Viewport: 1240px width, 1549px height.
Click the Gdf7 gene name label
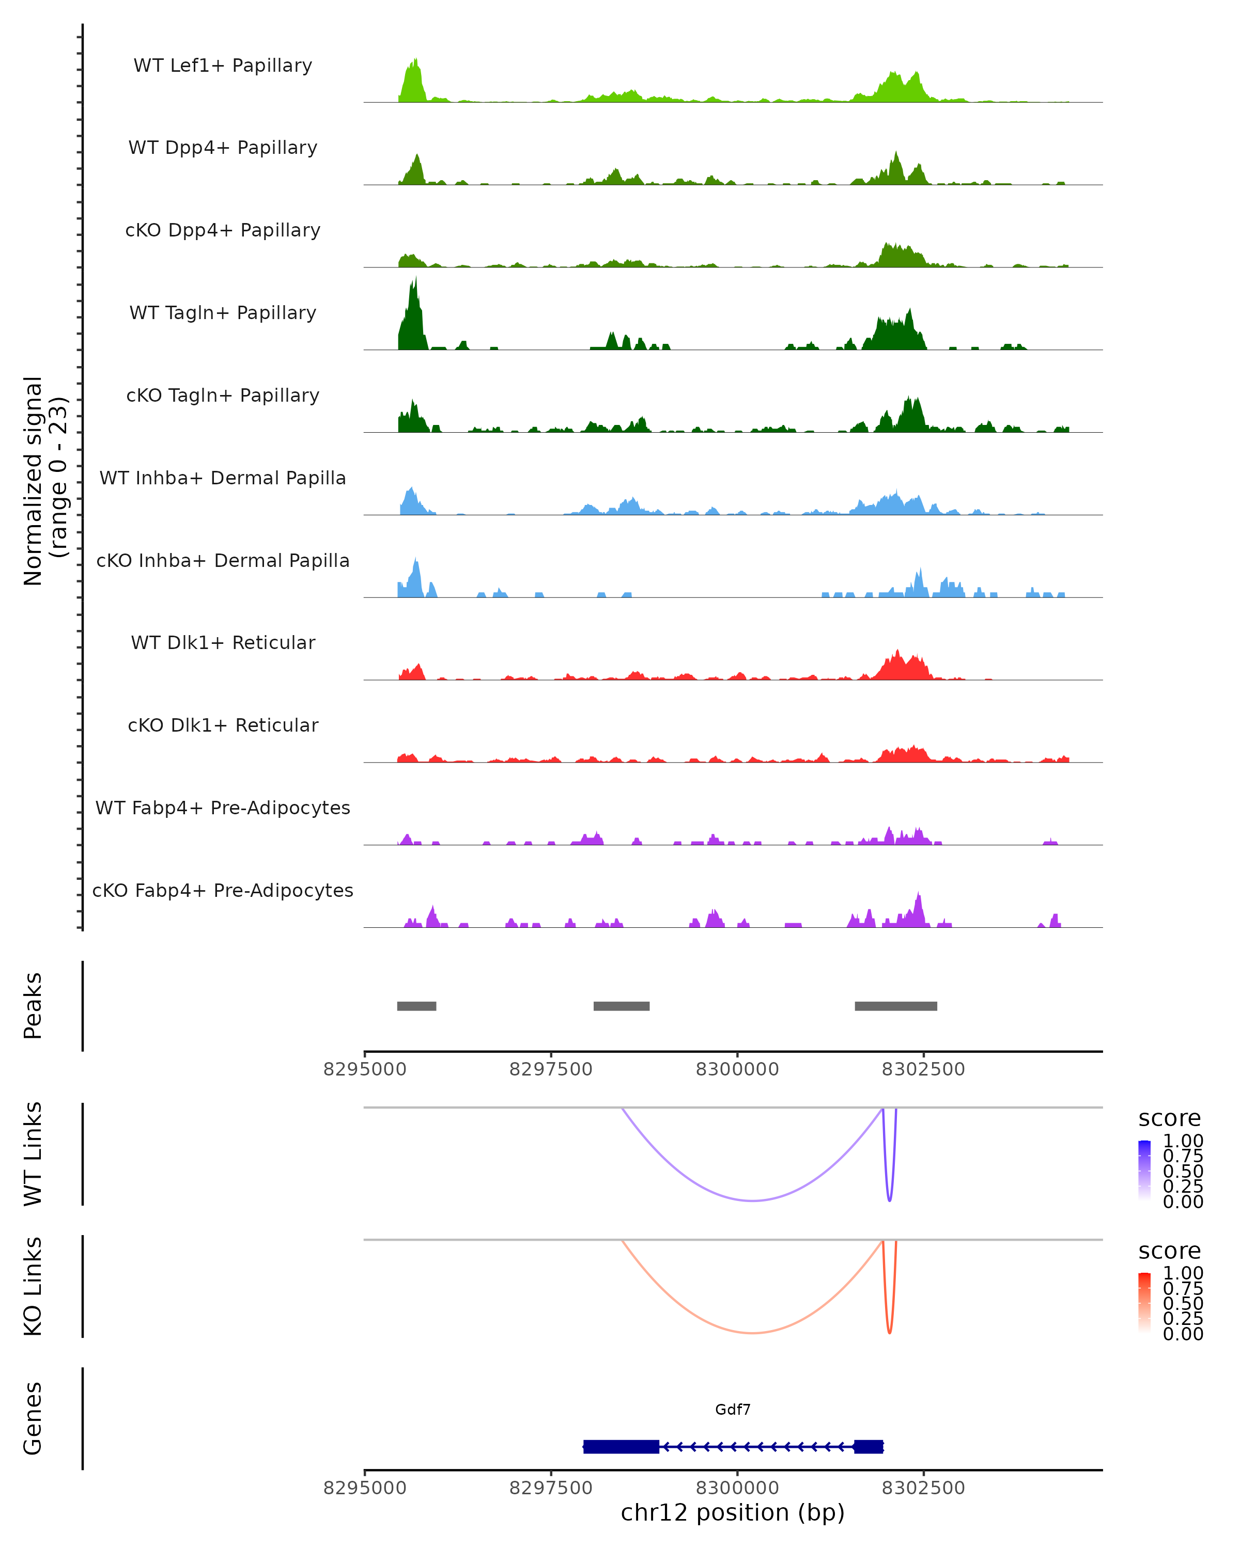point(733,1410)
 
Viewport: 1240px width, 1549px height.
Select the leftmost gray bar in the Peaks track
point(416,1006)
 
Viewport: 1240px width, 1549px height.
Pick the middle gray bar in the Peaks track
point(621,1006)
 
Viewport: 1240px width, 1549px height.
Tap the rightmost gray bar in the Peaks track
point(896,1006)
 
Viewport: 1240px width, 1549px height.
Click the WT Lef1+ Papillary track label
point(223,66)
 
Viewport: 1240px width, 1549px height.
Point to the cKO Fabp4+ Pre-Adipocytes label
point(223,890)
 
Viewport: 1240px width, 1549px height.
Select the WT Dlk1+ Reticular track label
point(223,642)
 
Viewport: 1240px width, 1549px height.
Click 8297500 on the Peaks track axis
point(551,1069)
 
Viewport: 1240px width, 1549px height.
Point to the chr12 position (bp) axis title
point(733,1512)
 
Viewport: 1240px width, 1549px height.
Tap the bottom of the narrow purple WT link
point(890,1200)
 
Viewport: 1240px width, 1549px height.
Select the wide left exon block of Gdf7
point(621,1446)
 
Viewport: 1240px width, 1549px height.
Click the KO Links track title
point(33,1287)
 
